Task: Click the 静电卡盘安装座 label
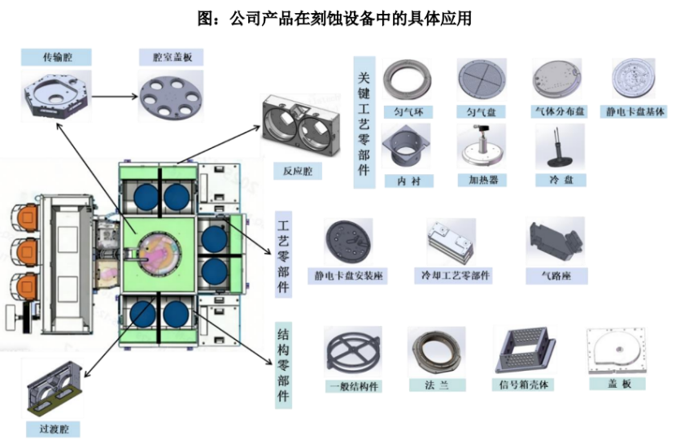pos(350,276)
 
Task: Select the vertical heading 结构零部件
pos(284,365)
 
